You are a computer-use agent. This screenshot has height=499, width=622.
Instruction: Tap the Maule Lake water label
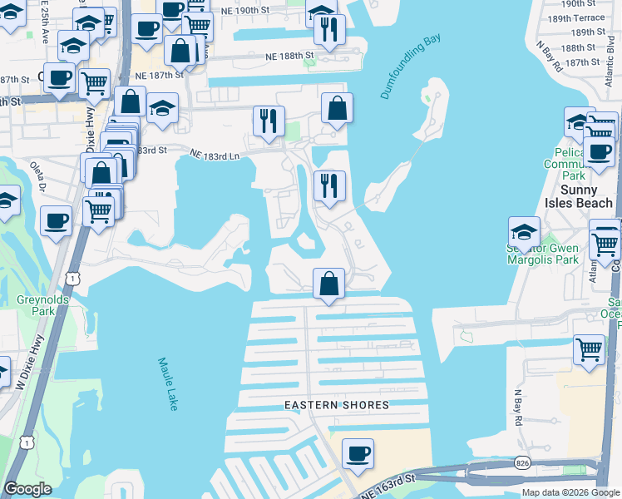pos(167,383)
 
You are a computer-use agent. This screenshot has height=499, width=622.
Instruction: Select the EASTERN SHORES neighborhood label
pos(337,405)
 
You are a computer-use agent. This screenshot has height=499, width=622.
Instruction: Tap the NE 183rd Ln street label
pos(215,155)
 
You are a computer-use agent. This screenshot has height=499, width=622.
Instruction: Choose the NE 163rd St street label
pos(388,486)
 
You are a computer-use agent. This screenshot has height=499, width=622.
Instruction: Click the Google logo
pos(27,489)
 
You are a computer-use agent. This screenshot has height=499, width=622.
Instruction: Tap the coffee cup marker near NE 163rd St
pos(358,453)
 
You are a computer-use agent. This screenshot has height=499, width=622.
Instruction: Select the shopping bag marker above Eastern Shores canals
pos(329,283)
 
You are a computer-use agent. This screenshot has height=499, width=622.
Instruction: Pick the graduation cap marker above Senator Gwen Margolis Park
pos(524,231)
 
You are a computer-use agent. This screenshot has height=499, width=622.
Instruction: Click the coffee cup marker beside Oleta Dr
pos(56,220)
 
